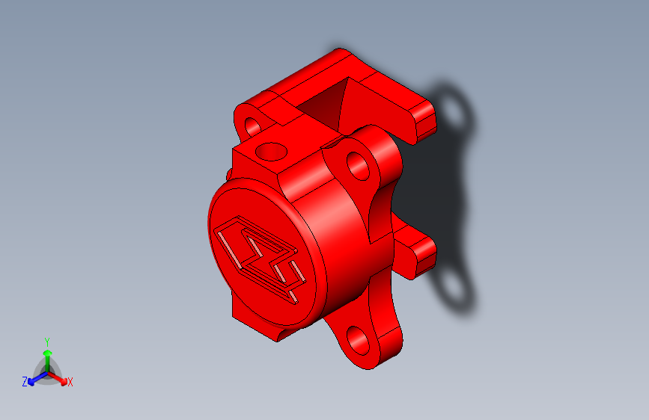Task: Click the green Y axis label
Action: point(47,342)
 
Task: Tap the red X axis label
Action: point(70,382)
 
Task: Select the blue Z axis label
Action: point(25,382)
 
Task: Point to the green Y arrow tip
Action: point(48,353)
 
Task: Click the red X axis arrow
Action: point(58,378)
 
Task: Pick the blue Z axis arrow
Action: point(37,378)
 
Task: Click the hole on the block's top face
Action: point(271,152)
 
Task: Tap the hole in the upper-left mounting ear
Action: point(253,126)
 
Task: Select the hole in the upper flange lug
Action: point(358,166)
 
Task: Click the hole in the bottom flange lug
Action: point(358,341)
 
